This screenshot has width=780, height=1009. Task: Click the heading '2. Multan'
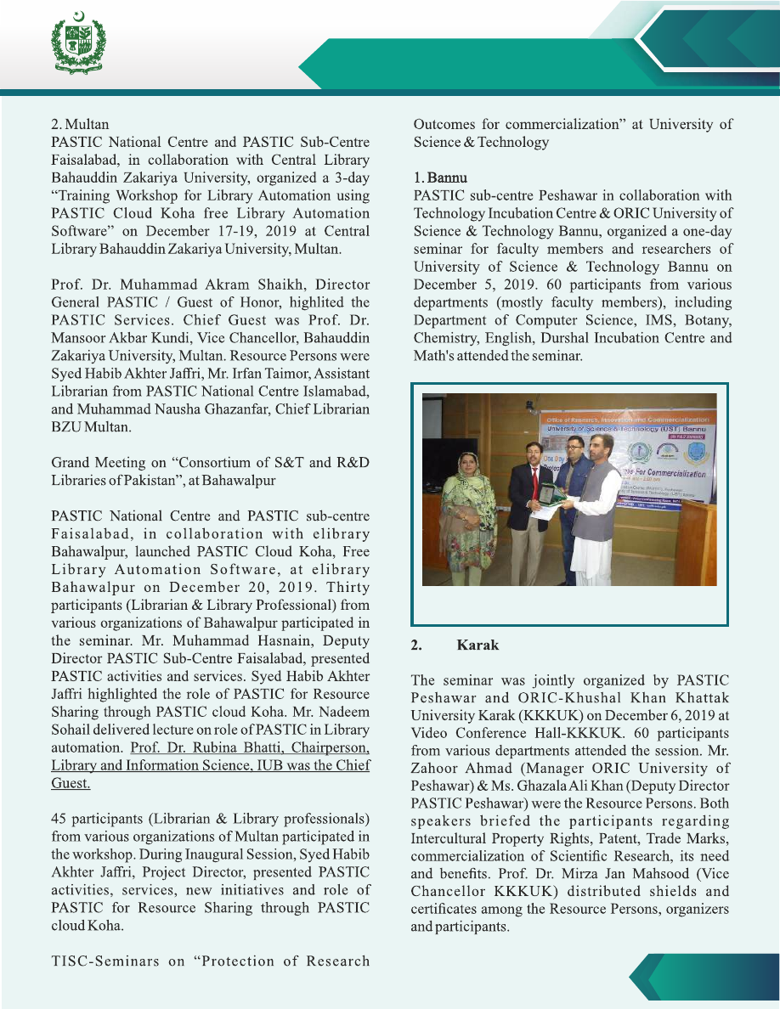pos(80,124)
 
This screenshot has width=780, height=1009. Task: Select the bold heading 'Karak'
pos(478,645)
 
